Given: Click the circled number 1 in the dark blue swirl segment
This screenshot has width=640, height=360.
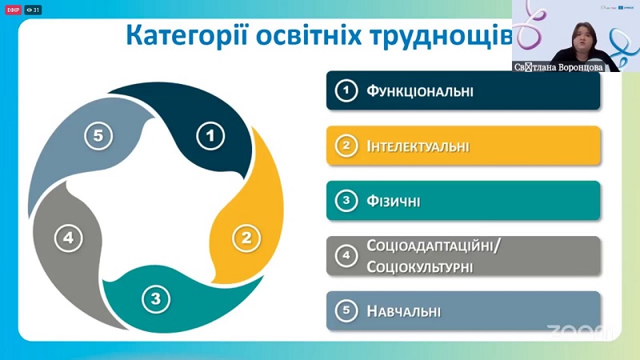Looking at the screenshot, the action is (x=210, y=136).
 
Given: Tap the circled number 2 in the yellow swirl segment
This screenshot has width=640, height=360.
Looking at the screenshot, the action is (x=246, y=238).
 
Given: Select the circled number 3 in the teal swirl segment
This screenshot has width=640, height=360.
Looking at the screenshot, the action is (x=156, y=298).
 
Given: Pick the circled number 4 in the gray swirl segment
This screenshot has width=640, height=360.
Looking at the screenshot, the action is (x=69, y=238).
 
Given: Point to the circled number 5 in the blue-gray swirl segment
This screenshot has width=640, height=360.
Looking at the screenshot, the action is (x=98, y=135).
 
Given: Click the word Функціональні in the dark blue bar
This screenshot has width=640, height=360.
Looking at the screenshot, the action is (x=419, y=90).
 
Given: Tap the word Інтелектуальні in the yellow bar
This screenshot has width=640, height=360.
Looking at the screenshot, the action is (x=418, y=146).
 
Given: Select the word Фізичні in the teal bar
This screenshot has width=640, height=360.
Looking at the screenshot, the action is (x=393, y=201).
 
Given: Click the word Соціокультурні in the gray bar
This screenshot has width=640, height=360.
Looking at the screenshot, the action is (x=419, y=267).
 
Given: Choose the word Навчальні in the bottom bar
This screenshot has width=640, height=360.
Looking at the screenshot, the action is (x=404, y=311).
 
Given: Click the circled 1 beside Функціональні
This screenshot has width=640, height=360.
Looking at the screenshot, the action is (x=346, y=90).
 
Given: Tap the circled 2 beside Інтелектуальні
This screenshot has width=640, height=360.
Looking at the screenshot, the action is (x=346, y=146).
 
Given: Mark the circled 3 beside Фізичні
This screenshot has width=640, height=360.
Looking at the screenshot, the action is (x=346, y=201).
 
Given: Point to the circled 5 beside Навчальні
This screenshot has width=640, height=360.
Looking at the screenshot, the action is (x=346, y=310).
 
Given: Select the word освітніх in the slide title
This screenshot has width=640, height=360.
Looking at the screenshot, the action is (x=309, y=35).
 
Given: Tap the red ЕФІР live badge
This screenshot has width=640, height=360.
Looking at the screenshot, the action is (x=13, y=10).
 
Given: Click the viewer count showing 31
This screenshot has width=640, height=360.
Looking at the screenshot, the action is (x=33, y=10).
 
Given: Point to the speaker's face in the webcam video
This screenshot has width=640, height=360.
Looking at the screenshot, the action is (x=585, y=38).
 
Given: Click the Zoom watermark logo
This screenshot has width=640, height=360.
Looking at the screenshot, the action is (x=579, y=331).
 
